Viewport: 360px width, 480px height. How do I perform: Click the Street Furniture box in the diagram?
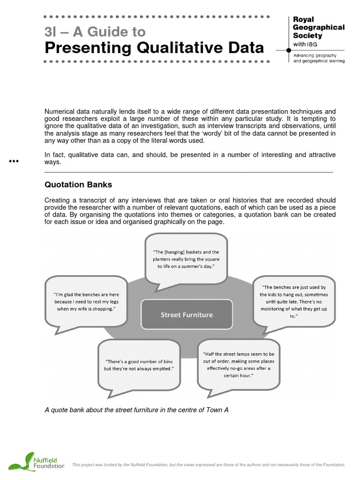point(187,315)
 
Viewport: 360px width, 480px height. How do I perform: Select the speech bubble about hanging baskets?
point(186,259)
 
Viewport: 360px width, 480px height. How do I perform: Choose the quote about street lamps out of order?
point(239,365)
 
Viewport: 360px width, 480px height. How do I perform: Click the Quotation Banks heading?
point(78,185)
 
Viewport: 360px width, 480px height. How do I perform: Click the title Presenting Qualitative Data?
point(154,47)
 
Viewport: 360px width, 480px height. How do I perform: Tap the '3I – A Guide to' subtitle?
point(95,32)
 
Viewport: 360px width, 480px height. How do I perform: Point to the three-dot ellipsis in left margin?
point(14,162)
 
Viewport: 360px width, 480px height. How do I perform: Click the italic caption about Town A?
point(136,410)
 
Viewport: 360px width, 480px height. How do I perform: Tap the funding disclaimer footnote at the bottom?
point(209,465)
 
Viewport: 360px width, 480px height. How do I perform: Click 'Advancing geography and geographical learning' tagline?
point(319,58)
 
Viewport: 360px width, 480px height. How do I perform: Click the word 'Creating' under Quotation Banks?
point(57,200)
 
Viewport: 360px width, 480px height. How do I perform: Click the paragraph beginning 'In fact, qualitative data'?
point(190,158)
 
